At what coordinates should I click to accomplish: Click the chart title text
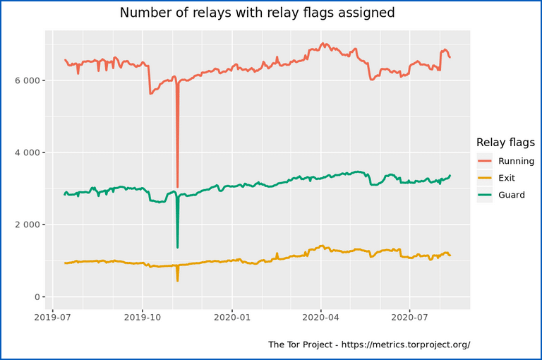click(257, 13)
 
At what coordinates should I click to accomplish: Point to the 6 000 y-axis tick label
click(28, 80)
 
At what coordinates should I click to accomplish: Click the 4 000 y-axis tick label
click(28, 152)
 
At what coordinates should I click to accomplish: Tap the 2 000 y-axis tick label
click(28, 224)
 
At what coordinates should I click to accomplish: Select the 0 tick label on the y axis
click(37, 297)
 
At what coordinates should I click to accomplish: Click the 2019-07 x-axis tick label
click(52, 317)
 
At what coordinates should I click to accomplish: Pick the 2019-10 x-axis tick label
click(143, 317)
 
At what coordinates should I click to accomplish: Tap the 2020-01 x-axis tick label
click(232, 317)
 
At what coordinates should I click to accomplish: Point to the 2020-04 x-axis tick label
click(321, 317)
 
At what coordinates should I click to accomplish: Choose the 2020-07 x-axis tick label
click(409, 317)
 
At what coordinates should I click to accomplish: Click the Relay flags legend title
click(505, 143)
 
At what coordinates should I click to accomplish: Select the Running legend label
click(516, 161)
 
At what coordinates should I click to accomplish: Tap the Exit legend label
click(507, 178)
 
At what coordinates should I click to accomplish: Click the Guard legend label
click(512, 195)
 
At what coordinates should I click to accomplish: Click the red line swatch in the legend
click(485, 161)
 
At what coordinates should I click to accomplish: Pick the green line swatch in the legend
click(485, 195)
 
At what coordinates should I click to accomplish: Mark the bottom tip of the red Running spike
click(177, 187)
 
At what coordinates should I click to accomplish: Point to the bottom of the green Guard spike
click(177, 247)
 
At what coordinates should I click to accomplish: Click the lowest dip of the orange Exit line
click(177, 280)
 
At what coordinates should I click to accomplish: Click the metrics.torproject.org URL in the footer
click(406, 344)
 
